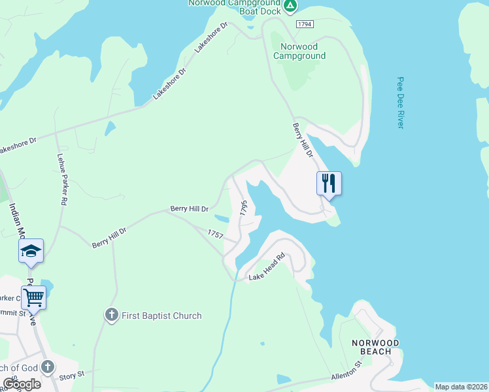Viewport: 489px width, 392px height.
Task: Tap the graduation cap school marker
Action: pyautogui.click(x=31, y=251)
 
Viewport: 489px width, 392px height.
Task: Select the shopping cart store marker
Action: pyautogui.click(x=34, y=297)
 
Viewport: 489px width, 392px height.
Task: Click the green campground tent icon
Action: pyautogui.click(x=291, y=7)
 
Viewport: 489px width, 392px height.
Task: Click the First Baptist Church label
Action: pyautogui.click(x=160, y=316)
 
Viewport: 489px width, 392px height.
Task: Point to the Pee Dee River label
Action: pyautogui.click(x=401, y=103)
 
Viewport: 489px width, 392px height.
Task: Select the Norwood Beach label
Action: pyautogui.click(x=375, y=347)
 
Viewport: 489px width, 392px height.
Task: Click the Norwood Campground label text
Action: pyautogui.click(x=299, y=51)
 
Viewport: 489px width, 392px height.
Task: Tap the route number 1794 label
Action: pyautogui.click(x=304, y=24)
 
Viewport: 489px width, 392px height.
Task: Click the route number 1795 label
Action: pyautogui.click(x=244, y=208)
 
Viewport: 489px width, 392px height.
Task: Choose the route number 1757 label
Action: pyautogui.click(x=216, y=233)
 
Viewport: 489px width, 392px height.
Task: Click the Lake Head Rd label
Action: pyautogui.click(x=268, y=268)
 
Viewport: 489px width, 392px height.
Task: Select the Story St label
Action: pyautogui.click(x=72, y=375)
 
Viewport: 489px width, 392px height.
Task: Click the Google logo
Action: pyautogui.click(x=22, y=384)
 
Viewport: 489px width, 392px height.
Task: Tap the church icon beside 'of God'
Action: pyautogui.click(x=48, y=367)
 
